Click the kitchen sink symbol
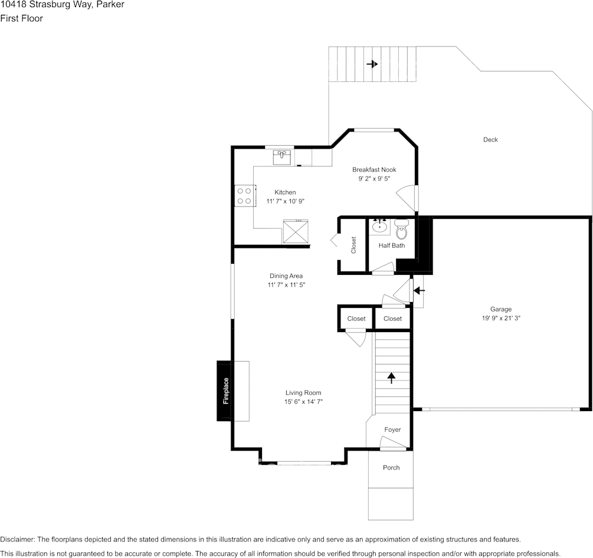(x=282, y=157)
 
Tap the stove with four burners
(x=245, y=196)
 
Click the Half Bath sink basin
(x=379, y=226)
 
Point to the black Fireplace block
(x=225, y=390)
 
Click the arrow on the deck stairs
(x=372, y=64)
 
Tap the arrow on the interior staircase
(x=391, y=378)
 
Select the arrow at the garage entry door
(x=419, y=290)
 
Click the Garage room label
(x=500, y=309)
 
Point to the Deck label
(x=490, y=140)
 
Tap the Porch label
(x=391, y=468)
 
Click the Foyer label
(x=392, y=430)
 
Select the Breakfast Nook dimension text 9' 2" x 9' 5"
(x=374, y=178)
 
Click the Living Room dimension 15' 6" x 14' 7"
(x=303, y=402)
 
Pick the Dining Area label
(x=286, y=276)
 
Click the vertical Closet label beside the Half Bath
(x=353, y=245)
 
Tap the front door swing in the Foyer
(x=392, y=444)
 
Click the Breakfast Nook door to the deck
(x=407, y=196)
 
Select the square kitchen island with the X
(x=296, y=231)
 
